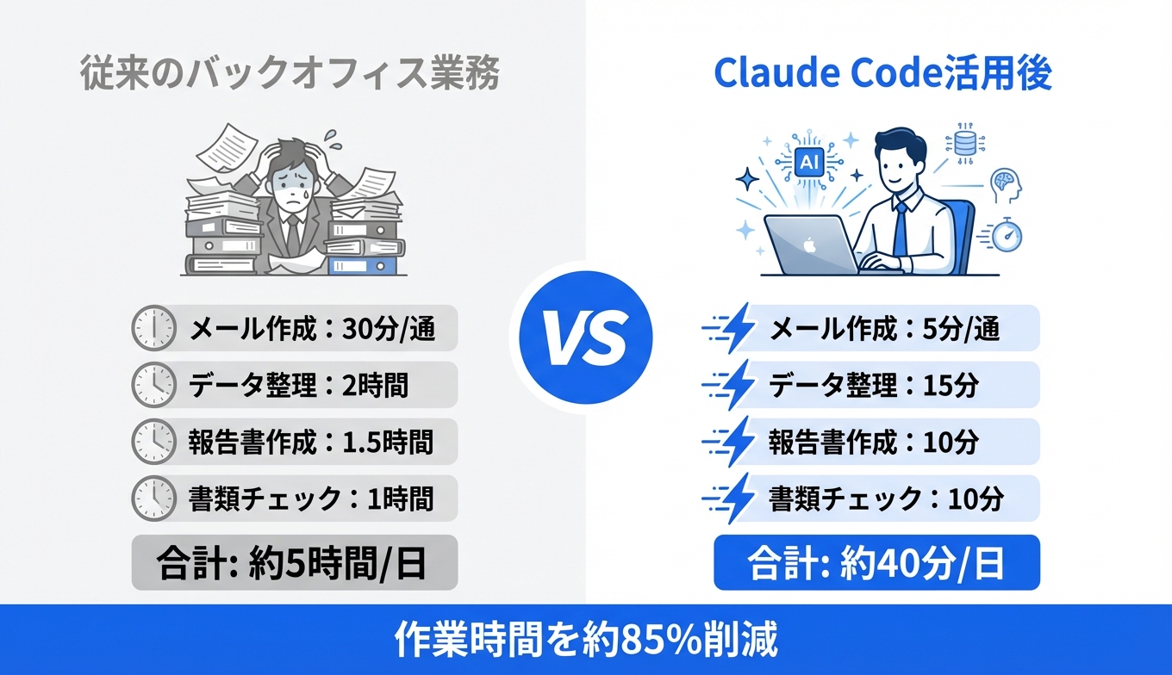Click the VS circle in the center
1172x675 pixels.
[585, 337]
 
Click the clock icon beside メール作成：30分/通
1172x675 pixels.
[153, 329]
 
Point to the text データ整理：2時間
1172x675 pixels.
[298, 385]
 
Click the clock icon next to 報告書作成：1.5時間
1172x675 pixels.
[153, 442]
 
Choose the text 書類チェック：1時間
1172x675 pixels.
[310, 498]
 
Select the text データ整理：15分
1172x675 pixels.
[873, 385]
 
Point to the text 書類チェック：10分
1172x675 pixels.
[886, 498]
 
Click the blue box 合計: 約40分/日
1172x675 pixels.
[876, 563]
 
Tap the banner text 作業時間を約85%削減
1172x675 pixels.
[586, 640]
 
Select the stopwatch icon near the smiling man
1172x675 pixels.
[1003, 232]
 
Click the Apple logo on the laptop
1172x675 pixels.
[809, 245]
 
